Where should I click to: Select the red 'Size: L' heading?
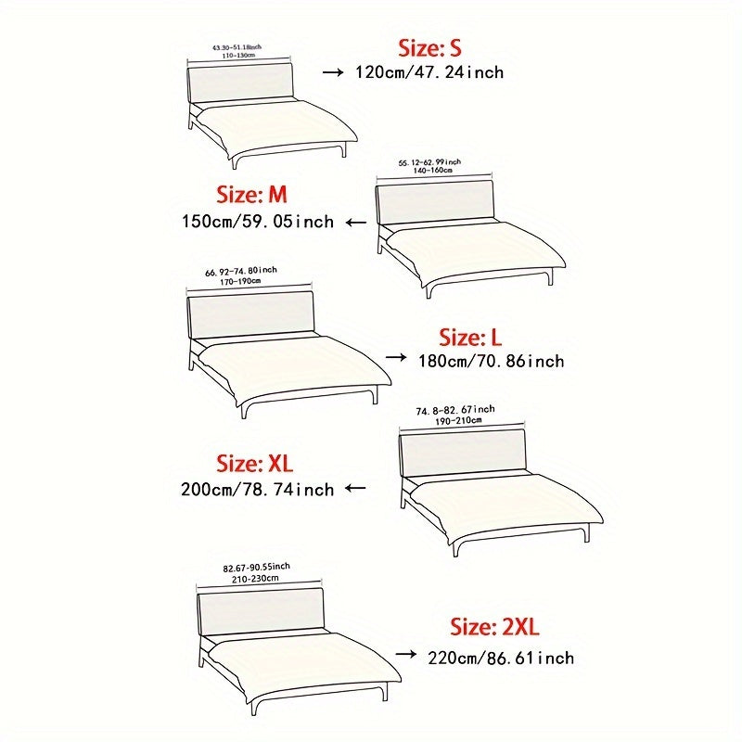[473, 337]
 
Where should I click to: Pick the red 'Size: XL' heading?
[253, 462]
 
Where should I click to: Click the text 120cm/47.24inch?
[429, 71]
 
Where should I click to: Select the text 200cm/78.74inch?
[258, 488]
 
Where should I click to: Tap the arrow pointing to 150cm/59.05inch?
[355, 223]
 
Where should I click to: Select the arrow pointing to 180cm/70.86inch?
[396, 357]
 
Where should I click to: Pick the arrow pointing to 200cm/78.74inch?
[355, 488]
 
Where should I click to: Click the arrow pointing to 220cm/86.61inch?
[405, 654]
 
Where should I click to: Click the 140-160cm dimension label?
[429, 171]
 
